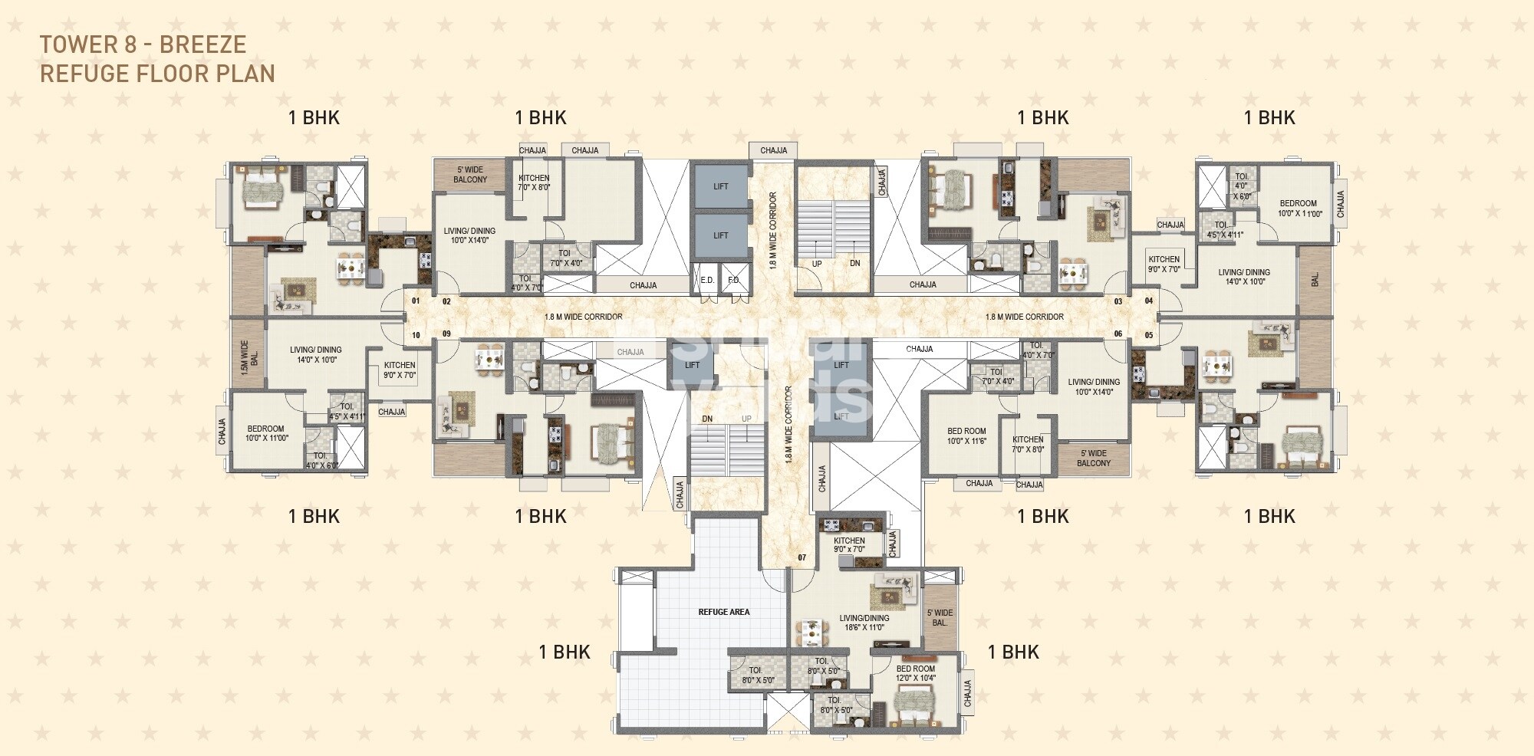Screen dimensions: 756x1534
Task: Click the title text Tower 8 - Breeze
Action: [x=143, y=44]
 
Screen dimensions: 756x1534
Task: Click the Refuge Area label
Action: [x=723, y=612]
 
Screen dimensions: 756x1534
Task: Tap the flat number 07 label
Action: [x=802, y=557]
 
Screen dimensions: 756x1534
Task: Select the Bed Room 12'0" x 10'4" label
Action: [x=916, y=673]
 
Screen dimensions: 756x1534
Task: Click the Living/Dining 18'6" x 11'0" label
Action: [x=864, y=623]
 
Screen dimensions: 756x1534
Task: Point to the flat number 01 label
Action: [x=416, y=301]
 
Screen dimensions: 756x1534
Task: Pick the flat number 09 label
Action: [x=446, y=334]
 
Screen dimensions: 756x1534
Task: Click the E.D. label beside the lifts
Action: [x=707, y=281]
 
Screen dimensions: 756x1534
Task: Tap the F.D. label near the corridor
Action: [x=733, y=281]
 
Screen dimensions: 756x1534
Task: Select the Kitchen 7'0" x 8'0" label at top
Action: [x=534, y=182]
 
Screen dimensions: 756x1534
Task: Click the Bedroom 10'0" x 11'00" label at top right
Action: [x=1298, y=209]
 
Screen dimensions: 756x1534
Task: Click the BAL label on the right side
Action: [x=1315, y=281]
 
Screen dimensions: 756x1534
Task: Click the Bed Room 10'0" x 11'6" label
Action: [x=966, y=436]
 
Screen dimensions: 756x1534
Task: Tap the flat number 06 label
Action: [x=1118, y=334]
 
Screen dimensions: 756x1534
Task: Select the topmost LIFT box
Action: [x=720, y=186]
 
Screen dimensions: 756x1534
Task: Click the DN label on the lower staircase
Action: [x=707, y=419]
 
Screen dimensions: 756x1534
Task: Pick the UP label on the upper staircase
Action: [x=817, y=264]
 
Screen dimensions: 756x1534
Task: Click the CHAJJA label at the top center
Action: [x=773, y=150]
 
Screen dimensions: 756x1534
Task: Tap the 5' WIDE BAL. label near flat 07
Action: [x=940, y=618]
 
